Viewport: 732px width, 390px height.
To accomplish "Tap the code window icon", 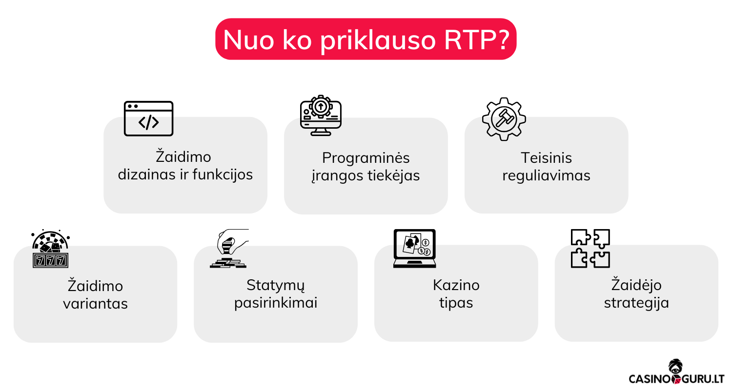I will pyautogui.click(x=148, y=118).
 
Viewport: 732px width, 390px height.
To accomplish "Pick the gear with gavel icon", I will pyautogui.click(x=504, y=119).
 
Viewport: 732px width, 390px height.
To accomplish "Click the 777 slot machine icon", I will pyautogui.click(x=50, y=249).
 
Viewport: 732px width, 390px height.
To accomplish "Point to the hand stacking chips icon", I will pyautogui.click(x=229, y=249).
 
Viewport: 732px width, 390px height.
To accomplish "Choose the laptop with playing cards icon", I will pyautogui.click(x=414, y=249).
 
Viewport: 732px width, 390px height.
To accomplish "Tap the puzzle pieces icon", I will pyautogui.click(x=590, y=249).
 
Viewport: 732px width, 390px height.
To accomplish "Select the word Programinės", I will pyautogui.click(x=366, y=158).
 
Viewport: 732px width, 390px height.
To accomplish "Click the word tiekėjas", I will pyautogui.click(x=393, y=175).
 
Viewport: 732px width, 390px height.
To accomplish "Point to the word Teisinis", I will pyautogui.click(x=546, y=158).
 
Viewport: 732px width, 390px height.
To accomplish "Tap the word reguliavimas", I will pyautogui.click(x=546, y=175).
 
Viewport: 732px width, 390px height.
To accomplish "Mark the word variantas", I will pyautogui.click(x=95, y=304).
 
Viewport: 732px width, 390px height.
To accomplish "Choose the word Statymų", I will pyautogui.click(x=276, y=285).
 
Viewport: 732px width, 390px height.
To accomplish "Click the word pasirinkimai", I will pyautogui.click(x=276, y=303).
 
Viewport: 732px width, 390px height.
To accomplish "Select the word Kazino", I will pyautogui.click(x=456, y=285).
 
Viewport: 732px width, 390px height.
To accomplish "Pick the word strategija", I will pyautogui.click(x=636, y=303).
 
